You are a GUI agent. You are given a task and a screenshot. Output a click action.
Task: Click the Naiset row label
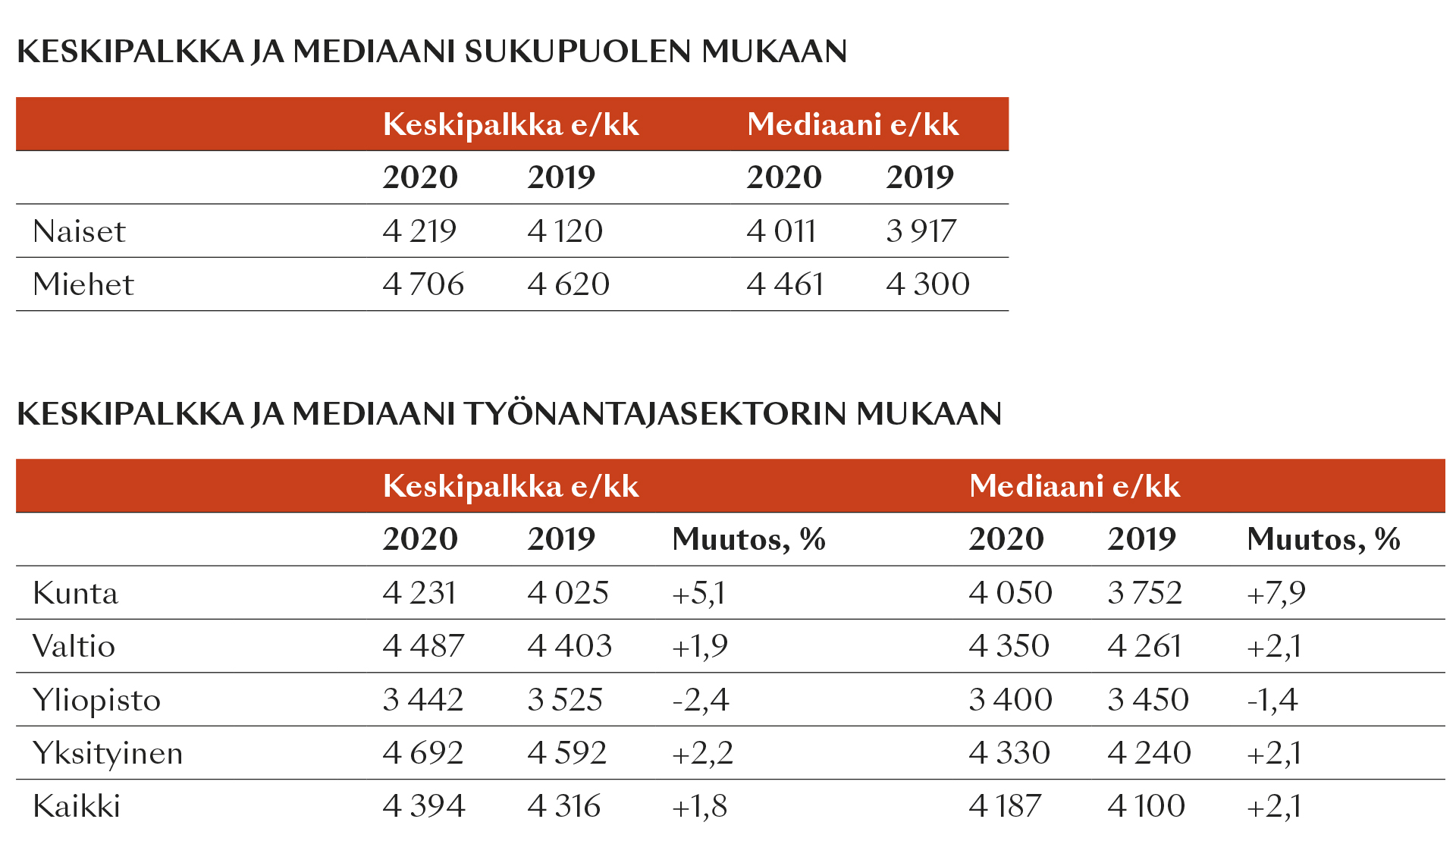click(79, 231)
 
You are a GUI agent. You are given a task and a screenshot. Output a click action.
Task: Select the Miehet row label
click(83, 284)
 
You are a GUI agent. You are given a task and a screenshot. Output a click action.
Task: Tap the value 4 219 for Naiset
click(419, 231)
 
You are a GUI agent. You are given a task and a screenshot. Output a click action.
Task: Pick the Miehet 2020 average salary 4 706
click(423, 284)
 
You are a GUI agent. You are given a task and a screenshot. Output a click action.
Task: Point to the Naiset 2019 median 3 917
click(921, 231)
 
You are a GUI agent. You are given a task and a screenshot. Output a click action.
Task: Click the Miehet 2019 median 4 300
click(928, 284)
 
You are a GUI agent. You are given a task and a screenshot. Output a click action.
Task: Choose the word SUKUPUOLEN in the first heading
click(578, 52)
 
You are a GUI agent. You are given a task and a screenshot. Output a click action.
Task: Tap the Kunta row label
click(76, 593)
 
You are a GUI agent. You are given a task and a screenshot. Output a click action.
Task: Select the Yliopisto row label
click(97, 700)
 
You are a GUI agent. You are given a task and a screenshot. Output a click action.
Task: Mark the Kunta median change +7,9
click(1276, 593)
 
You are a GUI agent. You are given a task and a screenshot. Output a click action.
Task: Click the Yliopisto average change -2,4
click(701, 700)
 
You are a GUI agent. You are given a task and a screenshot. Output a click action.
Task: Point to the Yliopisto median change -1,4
click(1272, 700)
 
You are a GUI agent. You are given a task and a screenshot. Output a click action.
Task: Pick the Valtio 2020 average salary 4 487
click(423, 646)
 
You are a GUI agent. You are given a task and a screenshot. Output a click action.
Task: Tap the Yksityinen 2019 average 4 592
click(567, 753)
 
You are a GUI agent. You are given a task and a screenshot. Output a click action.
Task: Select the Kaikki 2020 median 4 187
click(1006, 806)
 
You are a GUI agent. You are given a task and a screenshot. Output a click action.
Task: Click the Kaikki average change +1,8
click(700, 806)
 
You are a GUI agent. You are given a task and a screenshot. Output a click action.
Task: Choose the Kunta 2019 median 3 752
click(1145, 593)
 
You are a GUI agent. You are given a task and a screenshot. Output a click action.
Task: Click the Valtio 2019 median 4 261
click(1145, 646)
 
